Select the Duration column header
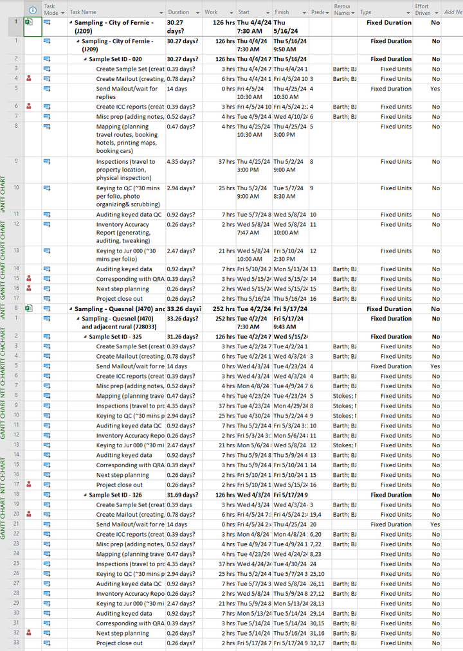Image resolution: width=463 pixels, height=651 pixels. coord(178,12)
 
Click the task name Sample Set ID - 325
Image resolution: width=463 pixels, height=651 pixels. coord(115,337)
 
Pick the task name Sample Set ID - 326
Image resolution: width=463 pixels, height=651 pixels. coord(115,495)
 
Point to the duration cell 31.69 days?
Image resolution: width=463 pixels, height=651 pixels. coord(183,495)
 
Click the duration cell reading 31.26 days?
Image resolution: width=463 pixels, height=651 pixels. coord(183,337)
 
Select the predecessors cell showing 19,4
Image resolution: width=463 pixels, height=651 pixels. coord(316,515)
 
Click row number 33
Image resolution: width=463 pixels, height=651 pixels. coord(15,643)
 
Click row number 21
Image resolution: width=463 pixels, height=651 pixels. coord(15,524)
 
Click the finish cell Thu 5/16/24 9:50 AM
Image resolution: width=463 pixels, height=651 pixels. coord(289,45)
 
